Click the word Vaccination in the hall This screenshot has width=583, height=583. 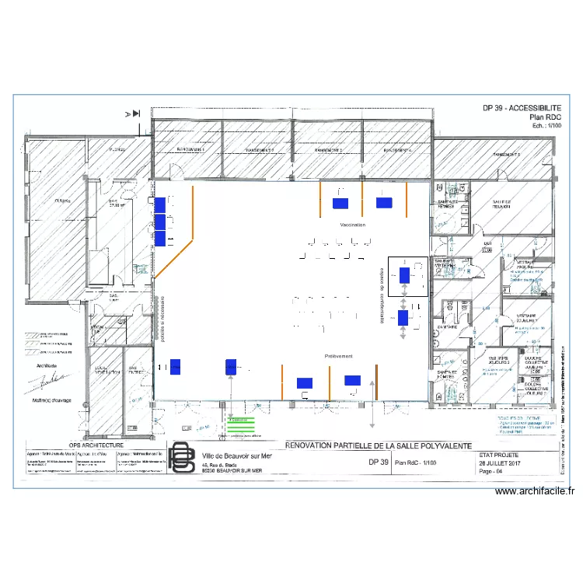[351, 225]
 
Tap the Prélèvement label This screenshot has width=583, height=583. [339, 355]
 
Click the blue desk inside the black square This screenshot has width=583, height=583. [405, 274]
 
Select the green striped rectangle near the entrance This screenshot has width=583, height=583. [242, 423]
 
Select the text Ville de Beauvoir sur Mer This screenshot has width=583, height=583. [236, 456]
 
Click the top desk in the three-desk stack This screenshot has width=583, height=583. [160, 204]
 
